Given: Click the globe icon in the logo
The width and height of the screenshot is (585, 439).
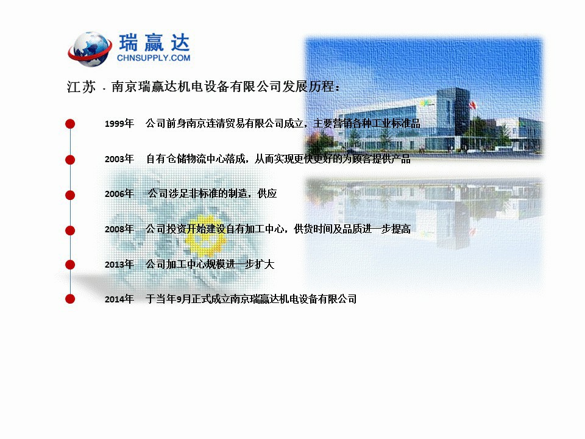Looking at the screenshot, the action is pos(90,49).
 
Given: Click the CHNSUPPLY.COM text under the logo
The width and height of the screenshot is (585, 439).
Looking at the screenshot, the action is pos(154,58).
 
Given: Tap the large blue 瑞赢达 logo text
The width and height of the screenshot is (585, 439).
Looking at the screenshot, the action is pos(154,43).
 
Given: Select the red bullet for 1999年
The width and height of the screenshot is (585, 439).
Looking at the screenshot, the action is pos(70,124).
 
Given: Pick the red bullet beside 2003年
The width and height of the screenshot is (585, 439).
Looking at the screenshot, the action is pos(70,159).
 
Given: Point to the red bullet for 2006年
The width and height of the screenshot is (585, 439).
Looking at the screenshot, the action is pos(70,195).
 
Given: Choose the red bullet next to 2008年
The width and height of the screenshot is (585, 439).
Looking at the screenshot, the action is pos(70,230).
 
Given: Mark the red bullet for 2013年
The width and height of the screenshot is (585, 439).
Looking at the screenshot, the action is pos(70,265).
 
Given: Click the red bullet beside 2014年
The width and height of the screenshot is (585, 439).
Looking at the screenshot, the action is pos(70,299).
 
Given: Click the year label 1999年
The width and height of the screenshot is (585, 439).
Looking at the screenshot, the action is pos(119,124).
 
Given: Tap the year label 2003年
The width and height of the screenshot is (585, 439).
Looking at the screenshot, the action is pos(119,159).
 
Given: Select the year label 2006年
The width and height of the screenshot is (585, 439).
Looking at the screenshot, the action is pos(119,194).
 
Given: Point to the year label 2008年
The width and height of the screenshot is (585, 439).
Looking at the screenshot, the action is pos(119,229).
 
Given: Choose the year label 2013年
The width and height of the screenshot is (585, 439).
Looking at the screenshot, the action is pos(119,264).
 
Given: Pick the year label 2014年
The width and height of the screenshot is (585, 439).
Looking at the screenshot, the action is pos(119,299).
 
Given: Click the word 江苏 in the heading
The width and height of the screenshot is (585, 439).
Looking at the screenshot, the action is pos(81,87).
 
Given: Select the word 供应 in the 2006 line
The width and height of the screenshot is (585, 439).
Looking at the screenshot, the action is pos(267,193).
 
